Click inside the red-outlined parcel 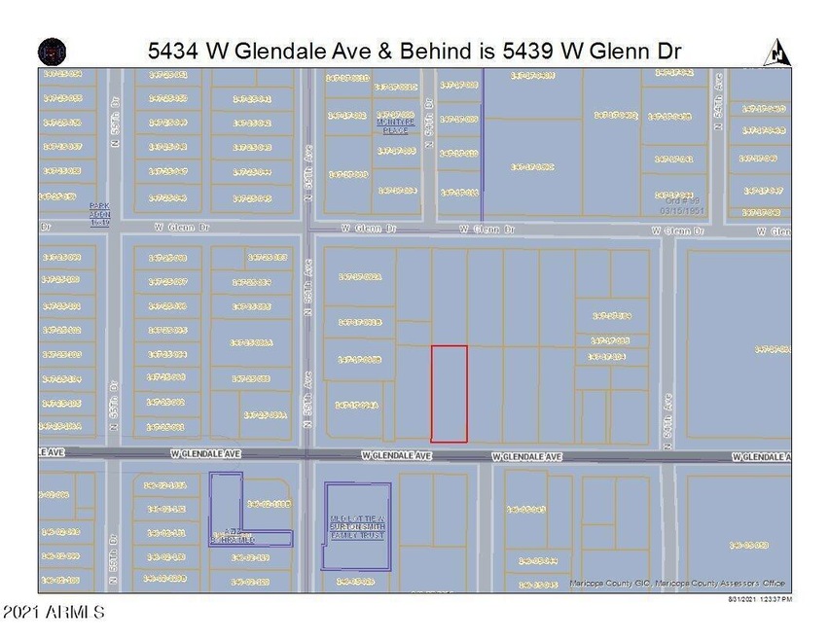[x=449, y=393]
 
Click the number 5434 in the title [x=176, y=49]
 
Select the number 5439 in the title [x=532, y=49]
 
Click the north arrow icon [x=777, y=51]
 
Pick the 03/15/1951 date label [x=681, y=209]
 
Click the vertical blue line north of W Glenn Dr [x=483, y=146]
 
